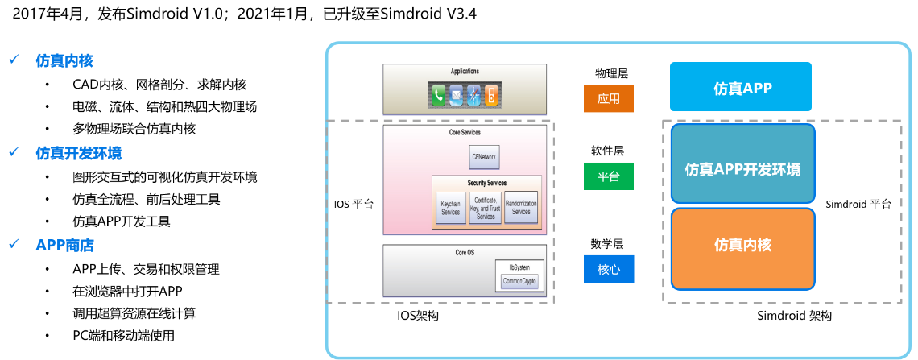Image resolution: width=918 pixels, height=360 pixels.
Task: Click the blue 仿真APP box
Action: pos(741,86)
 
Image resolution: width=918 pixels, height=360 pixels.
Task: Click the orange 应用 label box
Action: pos(608,98)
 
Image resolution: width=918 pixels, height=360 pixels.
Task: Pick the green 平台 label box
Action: pos(608,176)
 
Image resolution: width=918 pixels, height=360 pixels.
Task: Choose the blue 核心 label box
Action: pos(608,269)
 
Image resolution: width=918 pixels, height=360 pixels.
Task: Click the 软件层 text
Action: pos(607,151)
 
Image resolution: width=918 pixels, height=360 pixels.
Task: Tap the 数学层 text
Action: pos(607,244)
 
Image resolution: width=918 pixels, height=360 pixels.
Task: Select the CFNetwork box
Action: pos(483,156)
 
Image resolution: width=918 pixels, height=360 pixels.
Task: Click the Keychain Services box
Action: pos(450,208)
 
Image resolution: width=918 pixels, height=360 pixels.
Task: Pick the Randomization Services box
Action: pos(521,207)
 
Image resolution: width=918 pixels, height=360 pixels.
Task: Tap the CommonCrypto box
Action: pos(519,281)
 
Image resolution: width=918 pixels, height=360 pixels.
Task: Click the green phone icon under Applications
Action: pos(439,97)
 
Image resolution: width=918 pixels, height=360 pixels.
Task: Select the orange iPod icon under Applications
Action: pos(491,97)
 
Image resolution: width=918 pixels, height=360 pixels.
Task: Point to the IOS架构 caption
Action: pos(418,317)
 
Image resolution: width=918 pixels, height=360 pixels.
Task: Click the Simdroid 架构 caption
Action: pos(794,316)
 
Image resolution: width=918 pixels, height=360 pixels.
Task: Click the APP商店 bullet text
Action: pos(64,245)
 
